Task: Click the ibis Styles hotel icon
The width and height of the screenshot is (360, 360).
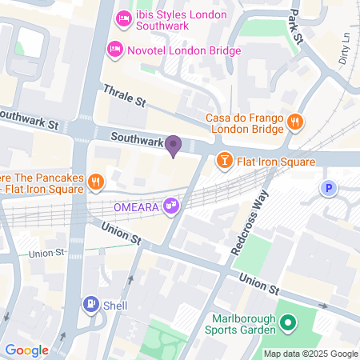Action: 124,18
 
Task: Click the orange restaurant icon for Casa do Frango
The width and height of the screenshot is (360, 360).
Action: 295,122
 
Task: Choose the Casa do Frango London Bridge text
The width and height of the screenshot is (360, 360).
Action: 244,124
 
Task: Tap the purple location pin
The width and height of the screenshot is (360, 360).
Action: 173,146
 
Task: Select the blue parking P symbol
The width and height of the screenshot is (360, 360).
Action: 326,189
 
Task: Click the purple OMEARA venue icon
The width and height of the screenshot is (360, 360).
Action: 170,207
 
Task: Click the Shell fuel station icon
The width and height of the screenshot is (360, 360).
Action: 90,304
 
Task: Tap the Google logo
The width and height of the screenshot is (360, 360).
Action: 26,350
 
